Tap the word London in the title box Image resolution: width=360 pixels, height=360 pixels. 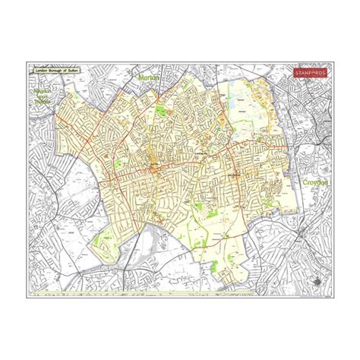click(x=42, y=70)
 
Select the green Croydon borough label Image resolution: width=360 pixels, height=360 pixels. click(x=313, y=183)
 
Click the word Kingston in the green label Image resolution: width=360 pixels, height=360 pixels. click(x=43, y=92)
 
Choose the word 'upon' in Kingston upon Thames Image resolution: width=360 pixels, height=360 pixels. click(x=43, y=99)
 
